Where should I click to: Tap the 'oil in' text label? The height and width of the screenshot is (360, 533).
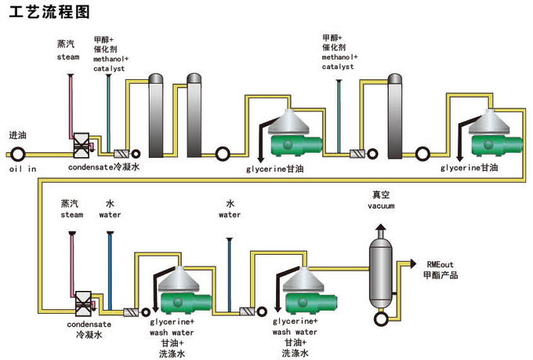click(23, 168)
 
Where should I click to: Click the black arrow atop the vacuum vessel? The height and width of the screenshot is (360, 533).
click(380, 228)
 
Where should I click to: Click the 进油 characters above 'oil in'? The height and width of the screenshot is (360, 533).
click(17, 133)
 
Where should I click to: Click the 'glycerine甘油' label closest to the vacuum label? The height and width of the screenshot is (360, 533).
click(470, 168)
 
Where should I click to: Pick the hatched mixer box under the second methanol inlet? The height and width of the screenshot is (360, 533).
click(358, 155)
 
